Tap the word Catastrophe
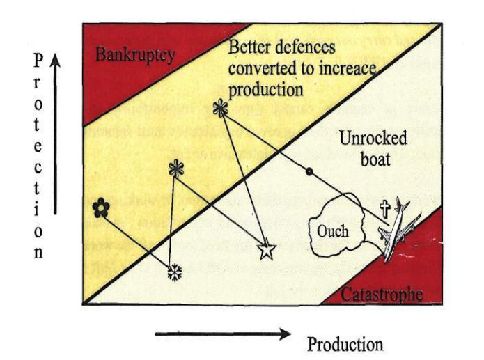click(x=382, y=294)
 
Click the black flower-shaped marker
click(x=101, y=207)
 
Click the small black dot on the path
click(x=309, y=171)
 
